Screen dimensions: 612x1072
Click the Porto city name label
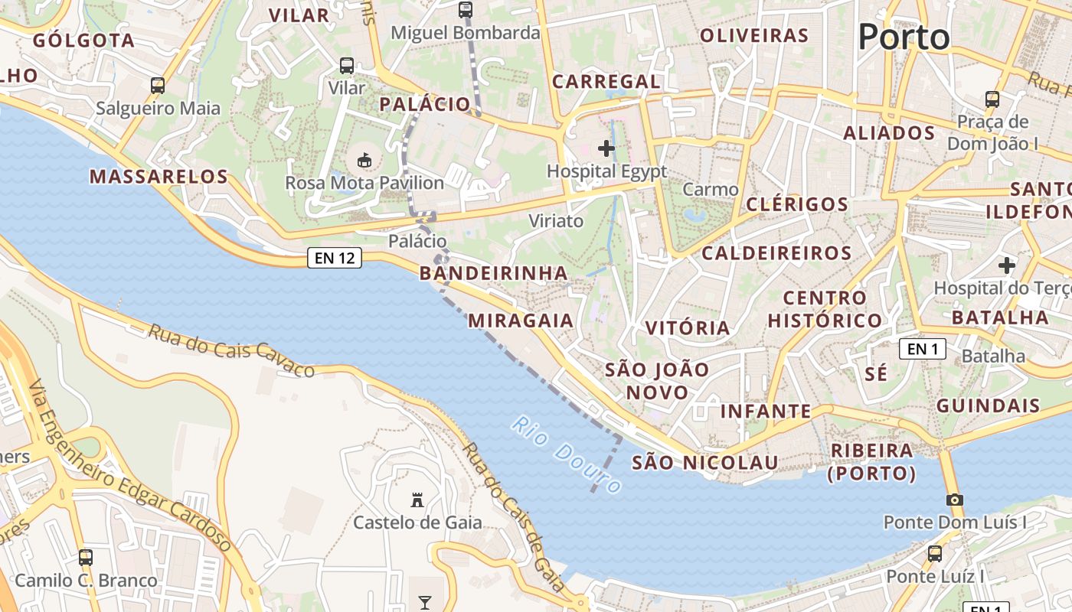tap(904, 36)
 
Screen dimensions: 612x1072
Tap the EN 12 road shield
tap(335, 258)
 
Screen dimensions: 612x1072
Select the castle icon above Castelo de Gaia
tap(417, 500)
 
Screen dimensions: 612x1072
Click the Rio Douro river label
tap(567, 454)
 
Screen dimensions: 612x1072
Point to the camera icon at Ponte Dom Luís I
tap(954, 500)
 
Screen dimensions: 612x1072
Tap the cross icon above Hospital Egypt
tap(606, 148)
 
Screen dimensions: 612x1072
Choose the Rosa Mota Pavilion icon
tap(364, 161)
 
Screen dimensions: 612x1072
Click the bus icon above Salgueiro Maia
tap(158, 86)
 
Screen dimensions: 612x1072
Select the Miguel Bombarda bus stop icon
tap(466, 10)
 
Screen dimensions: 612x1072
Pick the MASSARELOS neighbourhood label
tap(159, 177)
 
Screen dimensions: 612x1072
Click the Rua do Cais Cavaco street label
tap(230, 350)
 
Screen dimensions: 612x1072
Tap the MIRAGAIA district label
tap(521, 320)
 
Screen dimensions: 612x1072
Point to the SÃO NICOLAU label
tap(704, 462)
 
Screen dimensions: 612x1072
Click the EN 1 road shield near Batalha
tap(923, 349)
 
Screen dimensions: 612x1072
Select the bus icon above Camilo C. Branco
tap(86, 558)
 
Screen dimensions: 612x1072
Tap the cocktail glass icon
tap(425, 602)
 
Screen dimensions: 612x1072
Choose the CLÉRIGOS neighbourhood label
tap(796, 204)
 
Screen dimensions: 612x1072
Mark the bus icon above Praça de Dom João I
tap(992, 99)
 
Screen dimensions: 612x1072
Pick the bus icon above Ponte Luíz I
tap(935, 554)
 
